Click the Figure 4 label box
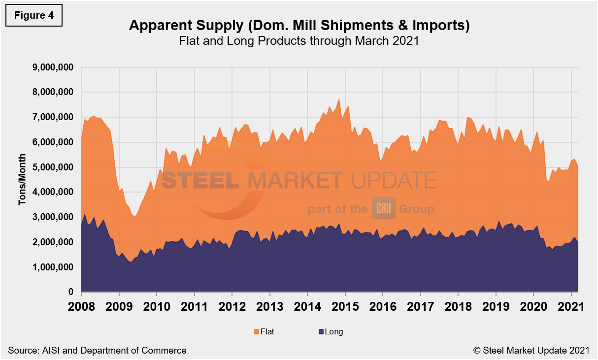point(33,15)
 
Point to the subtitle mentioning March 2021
point(299,41)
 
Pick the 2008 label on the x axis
point(81,306)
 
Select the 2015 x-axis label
point(345,306)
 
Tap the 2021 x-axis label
point(571,306)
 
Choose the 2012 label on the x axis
point(232,306)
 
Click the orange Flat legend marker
point(257,332)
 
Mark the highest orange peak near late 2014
point(339,99)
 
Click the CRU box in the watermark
point(383,209)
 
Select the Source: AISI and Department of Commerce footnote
point(97,351)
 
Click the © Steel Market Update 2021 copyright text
point(531,351)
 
